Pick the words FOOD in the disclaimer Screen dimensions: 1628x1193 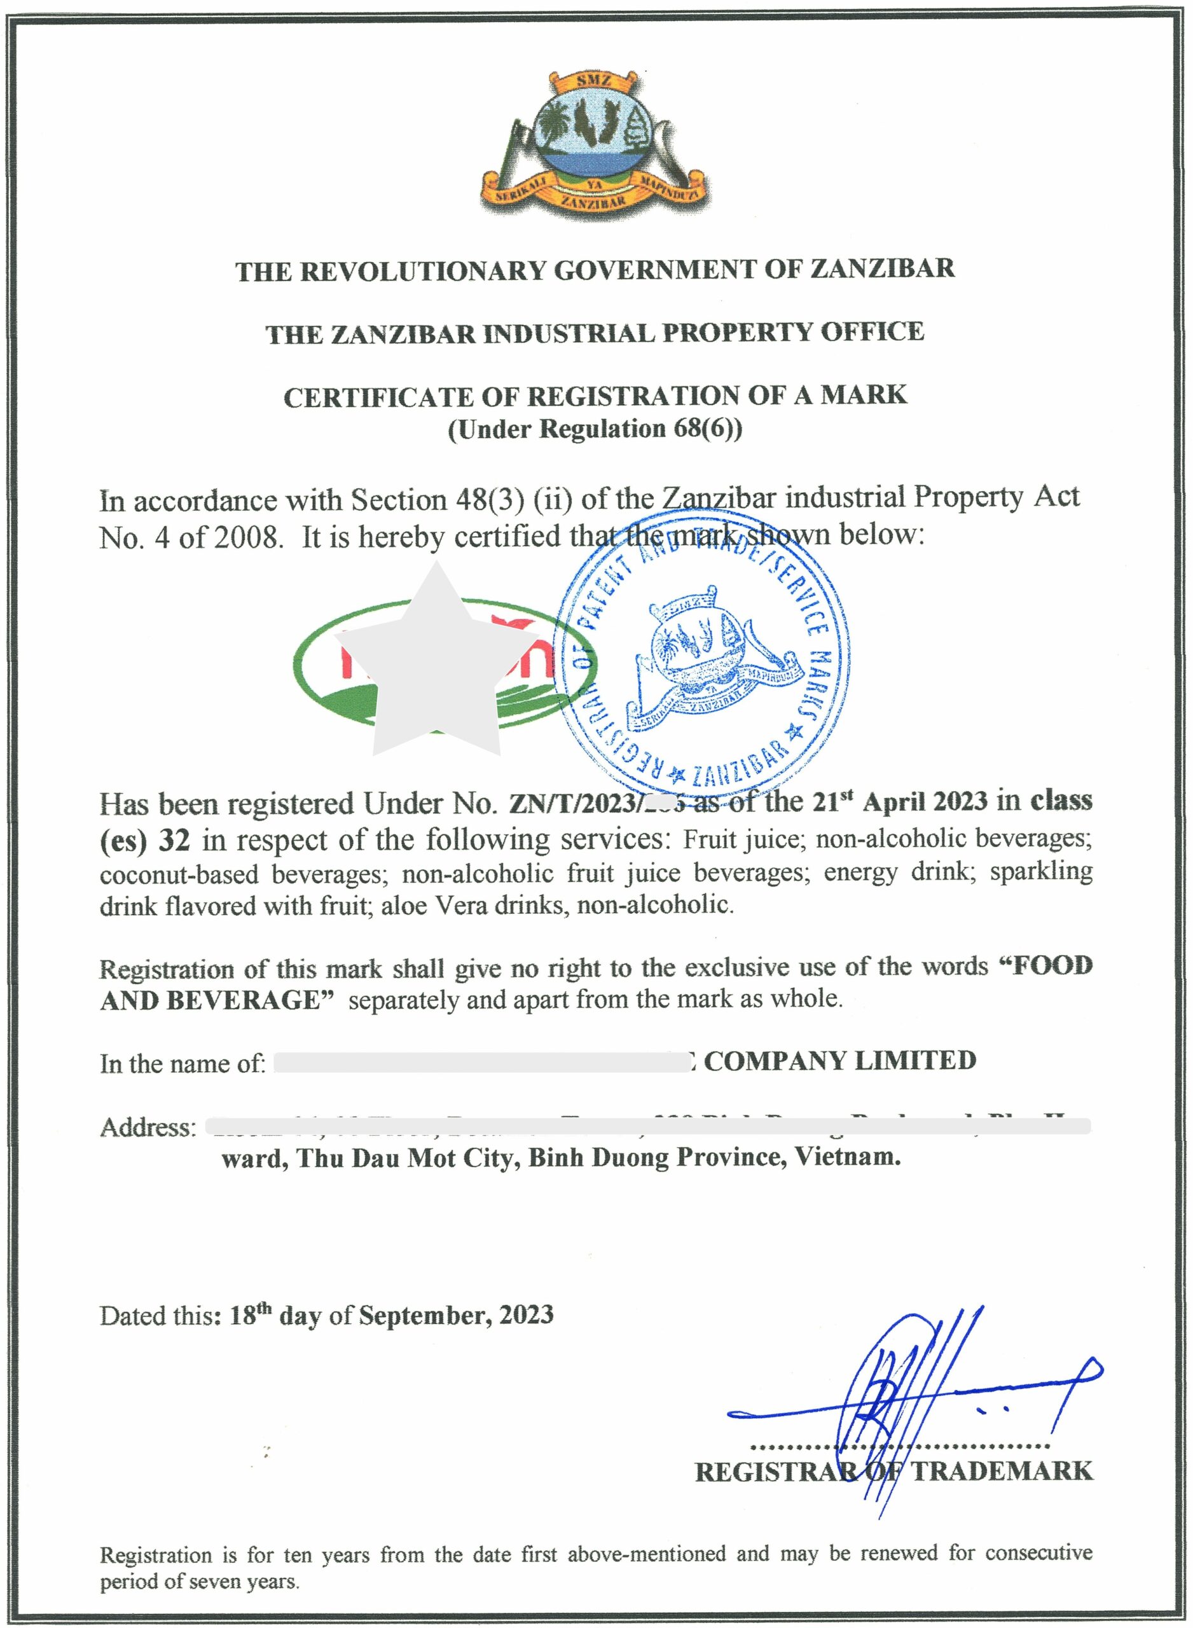[1051, 966]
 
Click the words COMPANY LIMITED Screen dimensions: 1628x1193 [839, 1061]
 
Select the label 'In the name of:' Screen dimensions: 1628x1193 [183, 1063]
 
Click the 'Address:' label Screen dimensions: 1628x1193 [148, 1127]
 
